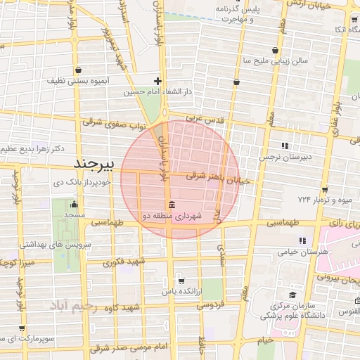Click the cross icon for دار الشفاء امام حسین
[158, 81]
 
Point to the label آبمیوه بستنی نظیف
[77, 82]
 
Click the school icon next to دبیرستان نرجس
[285, 145]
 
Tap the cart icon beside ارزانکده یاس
[181, 280]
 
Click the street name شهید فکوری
[124, 262]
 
